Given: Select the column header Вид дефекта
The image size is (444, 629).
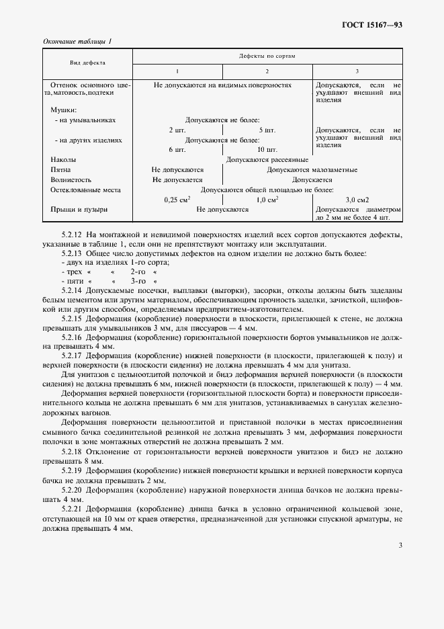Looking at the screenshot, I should (x=87, y=62).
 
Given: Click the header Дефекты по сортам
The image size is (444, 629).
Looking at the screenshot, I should (x=267, y=56).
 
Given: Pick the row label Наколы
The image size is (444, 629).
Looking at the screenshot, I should (x=63, y=160).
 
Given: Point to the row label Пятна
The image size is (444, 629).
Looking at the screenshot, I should (x=61, y=170).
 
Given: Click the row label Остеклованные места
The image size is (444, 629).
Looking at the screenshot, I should (x=85, y=190).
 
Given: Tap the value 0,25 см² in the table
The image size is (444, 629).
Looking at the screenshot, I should (x=177, y=200).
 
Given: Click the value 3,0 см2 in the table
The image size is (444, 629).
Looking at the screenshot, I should (x=357, y=200).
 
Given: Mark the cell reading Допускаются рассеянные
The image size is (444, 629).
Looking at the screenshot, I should (x=267, y=160).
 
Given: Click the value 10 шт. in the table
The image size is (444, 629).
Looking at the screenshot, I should (x=267, y=150).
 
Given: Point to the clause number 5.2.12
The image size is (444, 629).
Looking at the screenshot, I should (x=72, y=234).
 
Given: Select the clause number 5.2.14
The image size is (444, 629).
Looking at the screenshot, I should (x=72, y=290).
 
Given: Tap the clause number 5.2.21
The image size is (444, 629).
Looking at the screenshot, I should (x=72, y=511).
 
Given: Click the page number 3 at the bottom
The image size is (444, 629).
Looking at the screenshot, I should (x=400, y=545).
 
